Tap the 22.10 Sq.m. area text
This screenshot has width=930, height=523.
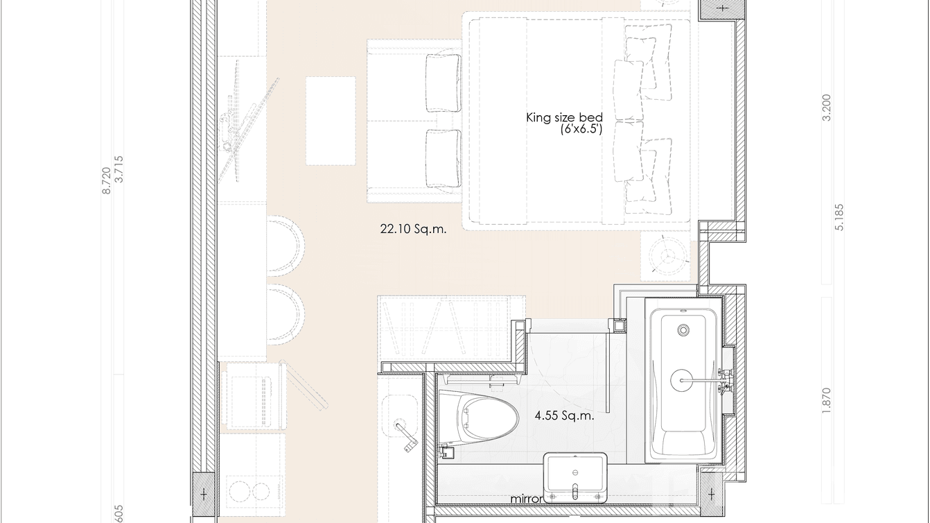pos(413,228)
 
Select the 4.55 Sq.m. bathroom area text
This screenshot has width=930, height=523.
pos(564,416)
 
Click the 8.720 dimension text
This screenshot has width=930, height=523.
pos(106,180)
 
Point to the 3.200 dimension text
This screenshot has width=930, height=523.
pos(825,108)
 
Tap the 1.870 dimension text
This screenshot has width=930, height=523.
pos(825,401)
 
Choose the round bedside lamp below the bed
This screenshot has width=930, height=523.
pos(669,256)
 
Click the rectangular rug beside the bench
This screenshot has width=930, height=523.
pos(331,121)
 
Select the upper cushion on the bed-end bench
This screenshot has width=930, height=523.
pos(443,83)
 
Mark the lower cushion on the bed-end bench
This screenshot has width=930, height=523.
pos(443,158)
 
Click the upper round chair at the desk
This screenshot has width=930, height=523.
pos(285,246)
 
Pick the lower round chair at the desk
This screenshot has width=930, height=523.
pos(285,314)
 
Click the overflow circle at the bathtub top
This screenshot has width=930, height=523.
pos(684,330)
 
